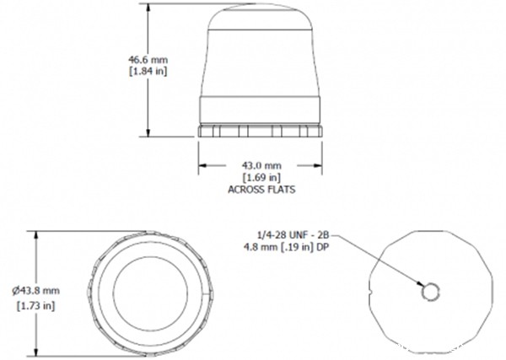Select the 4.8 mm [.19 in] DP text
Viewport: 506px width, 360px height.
coord(288,245)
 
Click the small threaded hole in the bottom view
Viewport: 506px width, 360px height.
coord(430,292)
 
